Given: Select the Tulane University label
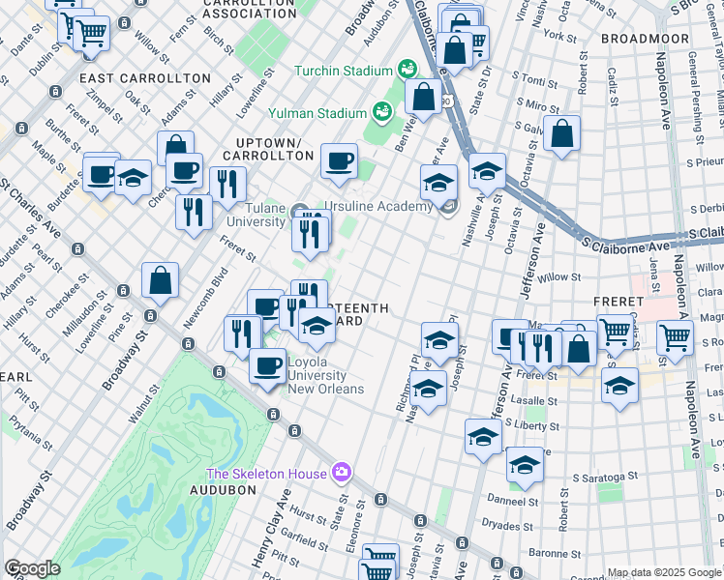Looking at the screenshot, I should pos(256,214).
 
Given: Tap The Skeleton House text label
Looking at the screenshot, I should pos(264,473).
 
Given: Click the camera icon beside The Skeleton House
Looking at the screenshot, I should pos(341,473).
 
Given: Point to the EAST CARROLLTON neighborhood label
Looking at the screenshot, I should pos(145,77).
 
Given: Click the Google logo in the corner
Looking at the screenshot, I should pos(32,568).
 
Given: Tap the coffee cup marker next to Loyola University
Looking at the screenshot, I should pos(268,365).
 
